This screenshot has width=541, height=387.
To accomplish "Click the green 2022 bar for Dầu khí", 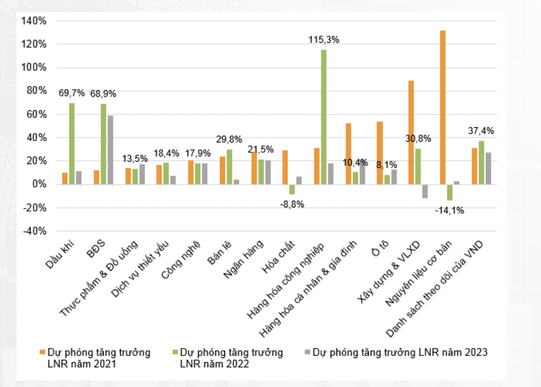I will (x=72, y=143).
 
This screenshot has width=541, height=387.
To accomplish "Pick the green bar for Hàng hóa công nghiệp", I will (x=324, y=117).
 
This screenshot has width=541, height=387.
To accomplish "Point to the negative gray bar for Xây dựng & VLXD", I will (x=425, y=191).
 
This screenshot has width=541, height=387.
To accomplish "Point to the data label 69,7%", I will (x=72, y=93).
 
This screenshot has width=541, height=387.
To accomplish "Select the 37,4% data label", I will (x=481, y=131).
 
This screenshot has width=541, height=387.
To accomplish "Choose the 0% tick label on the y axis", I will (x=39, y=184).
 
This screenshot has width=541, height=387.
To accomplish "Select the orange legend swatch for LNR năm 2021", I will (x=42, y=353).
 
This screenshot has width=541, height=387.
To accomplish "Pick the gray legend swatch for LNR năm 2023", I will (x=307, y=353).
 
